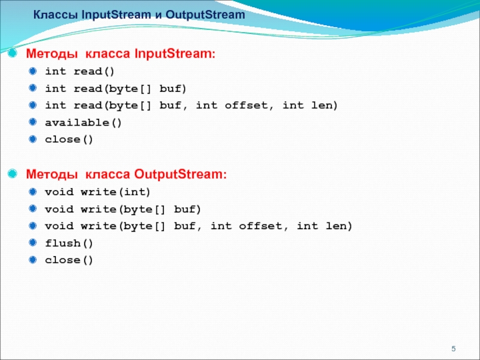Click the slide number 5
point(454,349)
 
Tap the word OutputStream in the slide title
point(205,14)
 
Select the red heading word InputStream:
point(175,53)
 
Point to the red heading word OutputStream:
point(181,174)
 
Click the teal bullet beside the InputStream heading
point(12,53)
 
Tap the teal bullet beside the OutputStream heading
point(12,173)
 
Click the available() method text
point(83,123)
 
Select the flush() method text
point(69,244)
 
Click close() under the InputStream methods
point(69,140)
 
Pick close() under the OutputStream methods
point(69,260)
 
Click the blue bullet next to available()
point(32,122)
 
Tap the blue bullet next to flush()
point(32,243)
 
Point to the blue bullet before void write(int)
point(32,192)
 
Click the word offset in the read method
point(246,106)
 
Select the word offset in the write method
point(260,226)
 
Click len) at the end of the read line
point(325,106)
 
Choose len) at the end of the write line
point(339,226)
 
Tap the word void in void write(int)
point(59,192)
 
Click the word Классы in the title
point(55,15)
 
